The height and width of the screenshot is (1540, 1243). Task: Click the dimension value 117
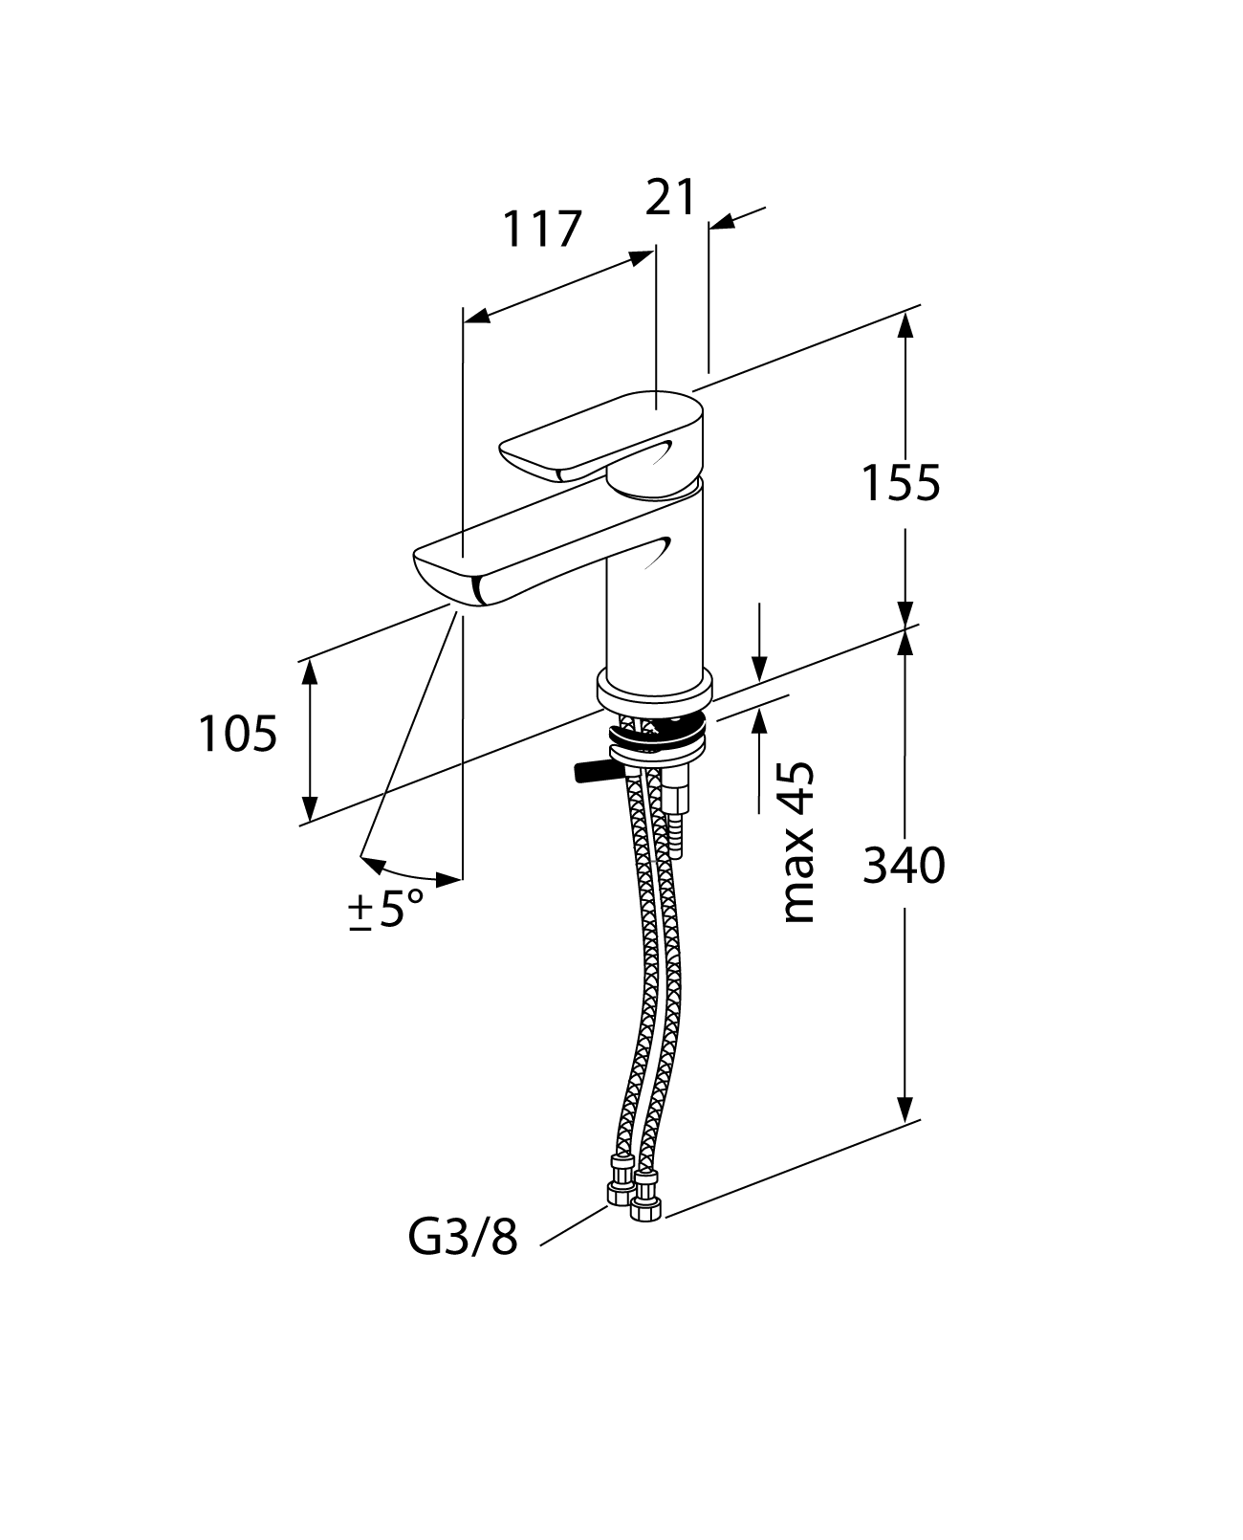543,230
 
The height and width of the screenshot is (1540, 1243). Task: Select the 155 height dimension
902,483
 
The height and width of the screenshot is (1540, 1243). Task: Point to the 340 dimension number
904,867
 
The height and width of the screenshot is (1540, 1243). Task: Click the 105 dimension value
238,735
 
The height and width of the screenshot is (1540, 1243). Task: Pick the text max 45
798,842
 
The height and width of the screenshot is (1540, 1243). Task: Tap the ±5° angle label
386,910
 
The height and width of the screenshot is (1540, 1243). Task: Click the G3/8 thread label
463,1239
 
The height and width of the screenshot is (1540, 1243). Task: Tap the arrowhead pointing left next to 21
723,222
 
